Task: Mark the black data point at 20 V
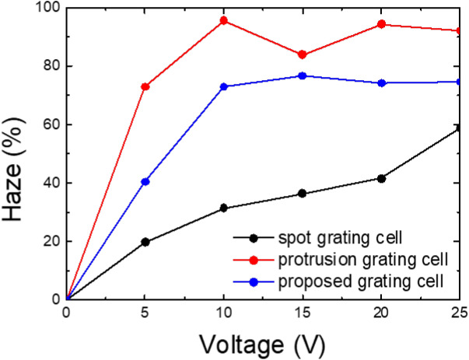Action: coord(381,178)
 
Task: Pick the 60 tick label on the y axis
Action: coord(49,124)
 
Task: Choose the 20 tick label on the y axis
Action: coord(49,241)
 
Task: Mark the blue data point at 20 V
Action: coord(381,82)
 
